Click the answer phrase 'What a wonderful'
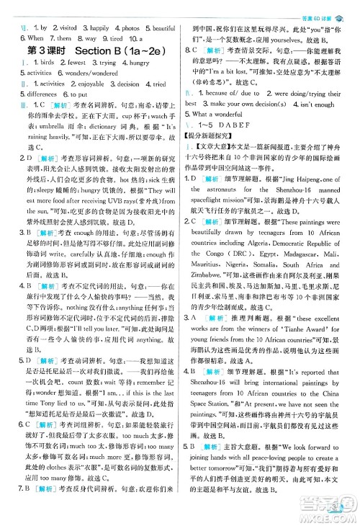[223, 94]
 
